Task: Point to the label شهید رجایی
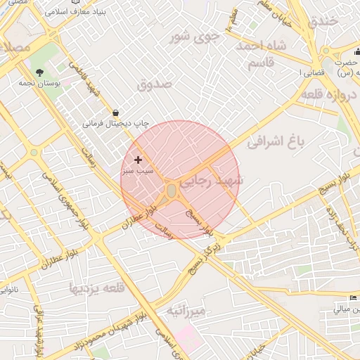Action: [211, 181]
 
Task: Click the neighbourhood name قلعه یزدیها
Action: [96, 287]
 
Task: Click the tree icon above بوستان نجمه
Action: [38, 72]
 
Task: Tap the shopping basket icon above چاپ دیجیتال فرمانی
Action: [115, 112]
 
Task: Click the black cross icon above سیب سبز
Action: [138, 160]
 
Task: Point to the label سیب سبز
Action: [138, 171]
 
